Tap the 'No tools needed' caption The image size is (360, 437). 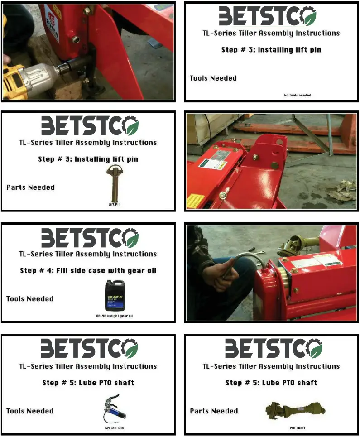tap(297, 96)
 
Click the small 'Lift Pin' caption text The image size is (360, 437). tap(114, 204)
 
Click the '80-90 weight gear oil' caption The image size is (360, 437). tap(114, 316)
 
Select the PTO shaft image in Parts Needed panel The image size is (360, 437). tap(295, 410)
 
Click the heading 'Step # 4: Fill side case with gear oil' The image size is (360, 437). tap(88, 271)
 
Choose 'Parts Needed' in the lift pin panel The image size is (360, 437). tap(30, 187)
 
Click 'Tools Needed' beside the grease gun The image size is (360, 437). tap(30, 411)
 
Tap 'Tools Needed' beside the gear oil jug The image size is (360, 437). tap(30, 299)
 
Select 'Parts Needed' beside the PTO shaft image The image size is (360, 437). tap(214, 411)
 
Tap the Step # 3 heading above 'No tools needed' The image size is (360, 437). tap(271, 50)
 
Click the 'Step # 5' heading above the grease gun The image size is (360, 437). tap(88, 383)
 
